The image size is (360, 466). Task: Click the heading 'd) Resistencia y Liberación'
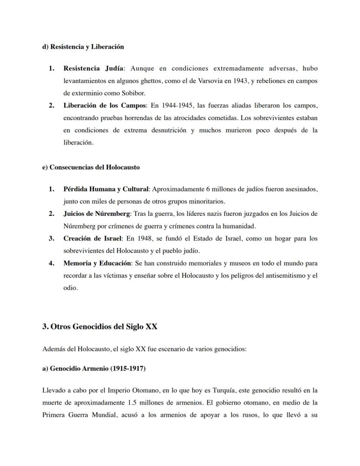point(83,47)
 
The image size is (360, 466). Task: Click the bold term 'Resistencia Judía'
point(93,68)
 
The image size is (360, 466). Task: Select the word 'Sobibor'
point(134,93)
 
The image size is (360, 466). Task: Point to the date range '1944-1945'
point(176,106)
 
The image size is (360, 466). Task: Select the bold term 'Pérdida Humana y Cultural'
point(106,189)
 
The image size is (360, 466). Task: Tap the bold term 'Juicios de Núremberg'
point(97,214)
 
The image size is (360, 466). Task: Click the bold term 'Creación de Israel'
point(93,238)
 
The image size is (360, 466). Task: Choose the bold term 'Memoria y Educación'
point(97,263)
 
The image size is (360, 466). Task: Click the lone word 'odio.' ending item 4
point(70,288)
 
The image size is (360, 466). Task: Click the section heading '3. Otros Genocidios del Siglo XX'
point(100,327)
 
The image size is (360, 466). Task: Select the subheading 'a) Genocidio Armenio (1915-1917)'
point(93,369)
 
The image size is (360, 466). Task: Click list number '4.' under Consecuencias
point(51,263)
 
